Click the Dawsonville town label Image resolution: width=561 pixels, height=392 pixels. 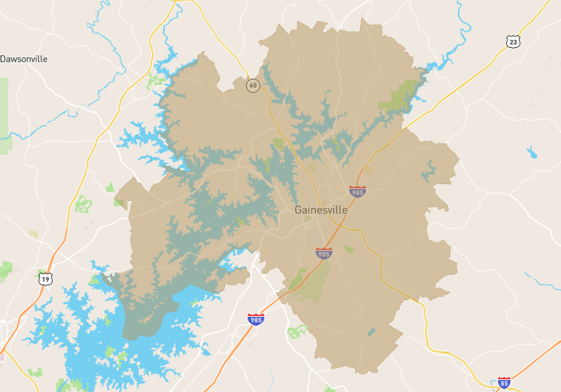click(24, 59)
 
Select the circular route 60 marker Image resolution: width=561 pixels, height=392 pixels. click(252, 86)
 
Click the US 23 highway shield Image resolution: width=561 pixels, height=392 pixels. click(514, 42)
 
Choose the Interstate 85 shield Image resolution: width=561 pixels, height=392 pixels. click(503, 382)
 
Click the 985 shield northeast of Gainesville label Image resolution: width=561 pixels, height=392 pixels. click(358, 191)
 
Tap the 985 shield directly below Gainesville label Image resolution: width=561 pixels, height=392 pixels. click(323, 253)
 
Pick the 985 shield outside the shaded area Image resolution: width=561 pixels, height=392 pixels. click(256, 320)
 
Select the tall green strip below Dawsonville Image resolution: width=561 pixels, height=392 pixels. click(5, 116)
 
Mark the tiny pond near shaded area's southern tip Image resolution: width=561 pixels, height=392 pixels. click(372, 332)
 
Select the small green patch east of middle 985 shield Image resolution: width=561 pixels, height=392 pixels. click(349, 249)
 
